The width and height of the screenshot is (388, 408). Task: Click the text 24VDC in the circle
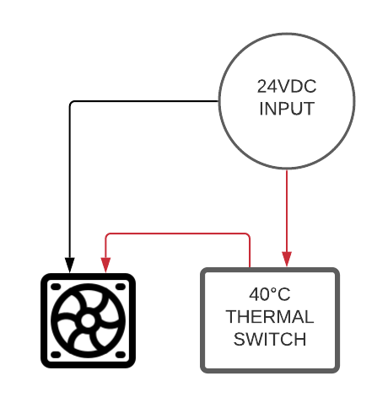tap(287, 86)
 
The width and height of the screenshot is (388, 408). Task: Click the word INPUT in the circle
tap(287, 109)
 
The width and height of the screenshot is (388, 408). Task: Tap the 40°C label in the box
tap(270, 294)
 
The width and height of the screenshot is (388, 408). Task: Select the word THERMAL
tap(270, 317)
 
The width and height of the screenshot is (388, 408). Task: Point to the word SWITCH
tap(270, 339)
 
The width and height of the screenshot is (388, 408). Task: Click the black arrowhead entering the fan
tap(70, 265)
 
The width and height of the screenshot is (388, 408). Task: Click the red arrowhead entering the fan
tap(105, 265)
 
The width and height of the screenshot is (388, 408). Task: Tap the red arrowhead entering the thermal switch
tap(287, 259)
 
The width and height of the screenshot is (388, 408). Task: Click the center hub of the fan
tap(88, 320)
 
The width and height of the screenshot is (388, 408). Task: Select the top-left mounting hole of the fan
tap(56, 287)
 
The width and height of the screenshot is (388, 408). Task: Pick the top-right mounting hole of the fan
tap(121, 287)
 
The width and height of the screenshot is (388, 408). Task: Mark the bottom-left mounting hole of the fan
tap(56, 355)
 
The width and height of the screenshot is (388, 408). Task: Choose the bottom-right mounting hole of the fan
tap(121, 355)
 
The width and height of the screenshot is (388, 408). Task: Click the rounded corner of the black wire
tap(71, 103)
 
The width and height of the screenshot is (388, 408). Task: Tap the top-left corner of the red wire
tap(107, 235)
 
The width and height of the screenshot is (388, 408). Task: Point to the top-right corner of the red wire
tap(248, 235)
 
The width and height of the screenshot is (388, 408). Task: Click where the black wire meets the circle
tap(218, 101)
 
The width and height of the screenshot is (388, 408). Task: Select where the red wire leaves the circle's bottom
tap(287, 169)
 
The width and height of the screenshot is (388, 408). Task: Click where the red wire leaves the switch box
tap(250, 268)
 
